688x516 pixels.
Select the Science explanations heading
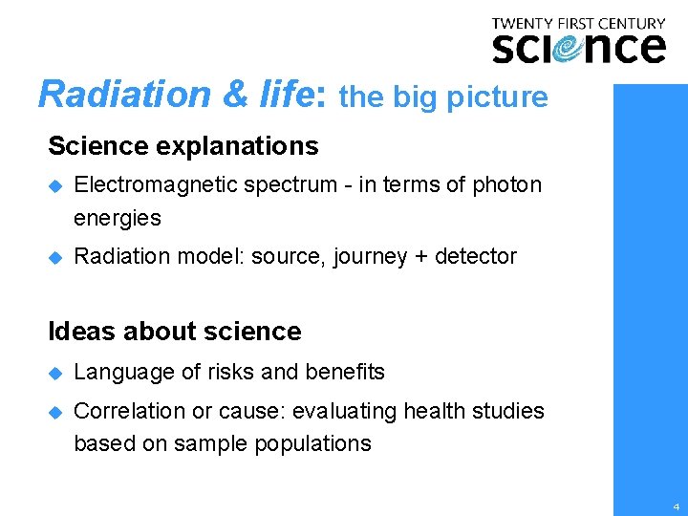pyautogui.click(x=183, y=146)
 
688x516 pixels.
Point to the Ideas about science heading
pyautogui.click(x=174, y=332)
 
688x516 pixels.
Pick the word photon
pyautogui.click(x=506, y=185)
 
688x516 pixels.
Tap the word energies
pyautogui.click(x=118, y=218)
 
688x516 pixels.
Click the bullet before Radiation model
pyautogui.click(x=54, y=257)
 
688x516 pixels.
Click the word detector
pyautogui.click(x=477, y=256)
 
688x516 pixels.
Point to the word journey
pyautogui.click(x=370, y=257)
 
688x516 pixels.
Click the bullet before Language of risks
pyautogui.click(x=54, y=373)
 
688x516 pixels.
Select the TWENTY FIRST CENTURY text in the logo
pyautogui.click(x=578, y=23)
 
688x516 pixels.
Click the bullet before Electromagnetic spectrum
pyautogui.click(x=54, y=185)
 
